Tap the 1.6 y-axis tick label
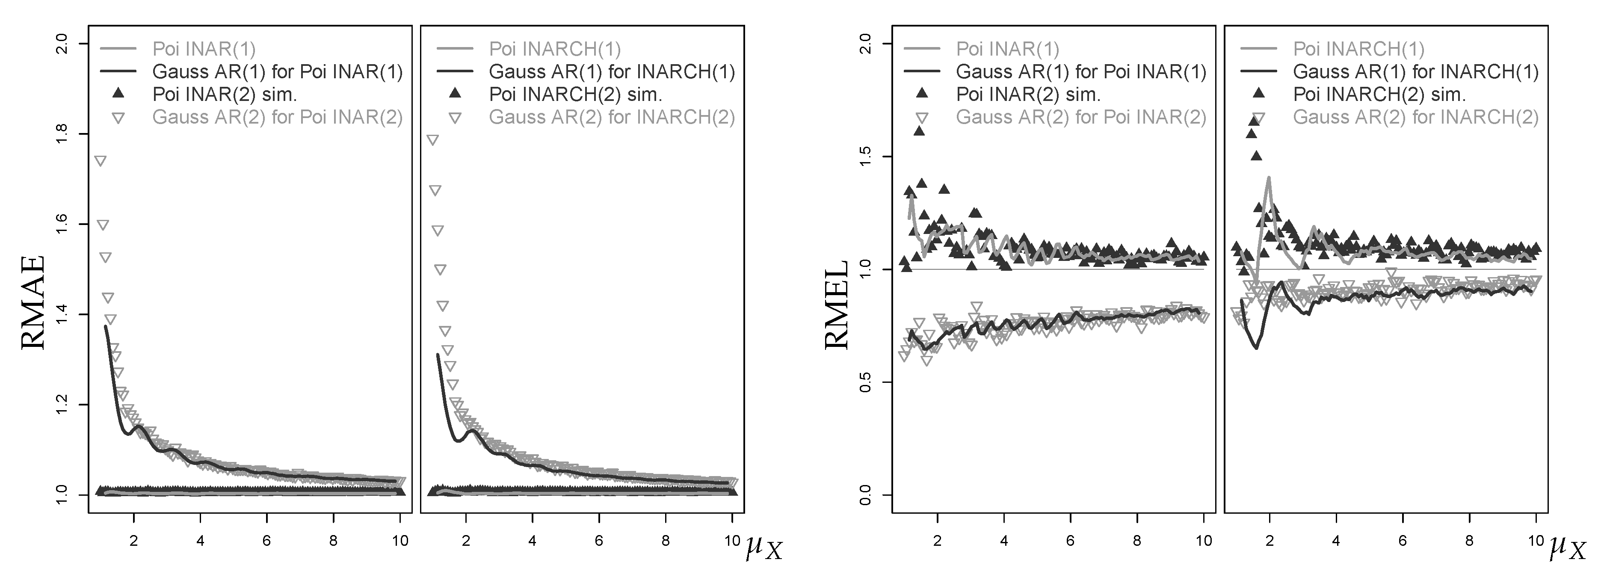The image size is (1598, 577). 62,224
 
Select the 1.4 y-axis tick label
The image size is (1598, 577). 62,314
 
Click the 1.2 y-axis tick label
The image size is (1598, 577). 62,405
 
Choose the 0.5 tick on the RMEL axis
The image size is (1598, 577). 867,382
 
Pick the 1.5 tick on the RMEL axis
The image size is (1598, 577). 867,157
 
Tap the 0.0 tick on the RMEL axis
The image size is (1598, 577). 867,495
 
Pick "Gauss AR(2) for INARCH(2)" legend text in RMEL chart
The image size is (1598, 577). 1416,117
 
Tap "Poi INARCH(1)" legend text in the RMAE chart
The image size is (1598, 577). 555,49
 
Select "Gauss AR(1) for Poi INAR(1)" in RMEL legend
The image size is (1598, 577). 1080,72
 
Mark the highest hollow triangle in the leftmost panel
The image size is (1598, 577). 100,161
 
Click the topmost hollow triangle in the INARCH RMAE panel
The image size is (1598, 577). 433,140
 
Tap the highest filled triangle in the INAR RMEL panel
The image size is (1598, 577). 919,130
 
